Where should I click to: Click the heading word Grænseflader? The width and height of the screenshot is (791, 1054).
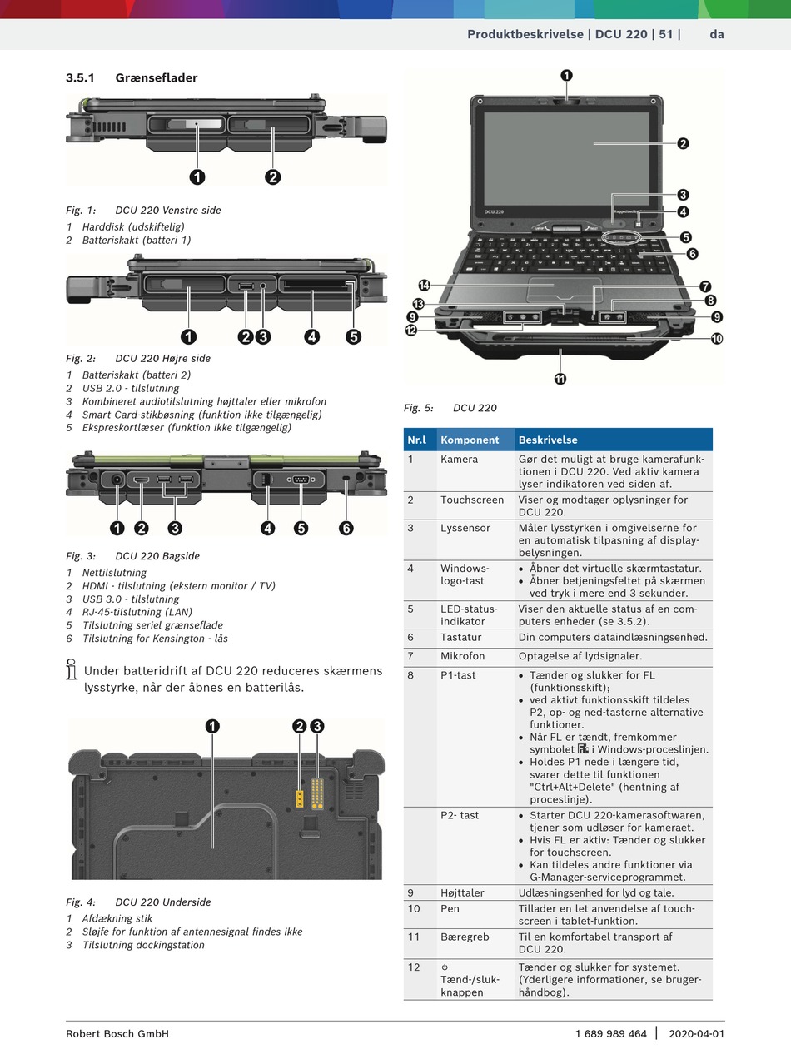tap(156, 77)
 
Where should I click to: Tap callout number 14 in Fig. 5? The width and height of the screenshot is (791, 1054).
tap(424, 286)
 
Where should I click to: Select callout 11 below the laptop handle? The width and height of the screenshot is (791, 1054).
tap(560, 379)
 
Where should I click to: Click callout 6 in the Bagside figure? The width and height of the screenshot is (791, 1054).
tap(346, 528)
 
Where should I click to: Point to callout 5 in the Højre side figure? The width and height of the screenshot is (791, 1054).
tap(354, 336)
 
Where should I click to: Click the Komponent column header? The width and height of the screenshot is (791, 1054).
tap(470, 440)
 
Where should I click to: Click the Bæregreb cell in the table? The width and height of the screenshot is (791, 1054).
tap(465, 937)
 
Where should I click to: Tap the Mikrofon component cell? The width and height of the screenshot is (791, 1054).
tap(462, 656)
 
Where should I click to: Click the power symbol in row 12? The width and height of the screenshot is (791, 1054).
tap(445, 967)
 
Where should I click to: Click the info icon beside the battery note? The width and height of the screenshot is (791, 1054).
tap(72, 669)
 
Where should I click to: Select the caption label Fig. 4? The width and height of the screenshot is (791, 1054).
tap(81, 902)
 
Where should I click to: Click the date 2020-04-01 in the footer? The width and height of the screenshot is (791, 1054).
tap(696, 1033)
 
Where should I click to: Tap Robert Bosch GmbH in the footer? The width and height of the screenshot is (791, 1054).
tap(117, 1033)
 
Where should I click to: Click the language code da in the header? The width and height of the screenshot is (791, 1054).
tap(717, 34)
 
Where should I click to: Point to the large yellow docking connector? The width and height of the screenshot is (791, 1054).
tap(317, 793)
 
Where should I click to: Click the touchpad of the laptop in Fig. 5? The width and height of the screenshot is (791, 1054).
tap(565, 290)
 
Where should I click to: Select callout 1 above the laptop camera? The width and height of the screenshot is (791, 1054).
tap(566, 76)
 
